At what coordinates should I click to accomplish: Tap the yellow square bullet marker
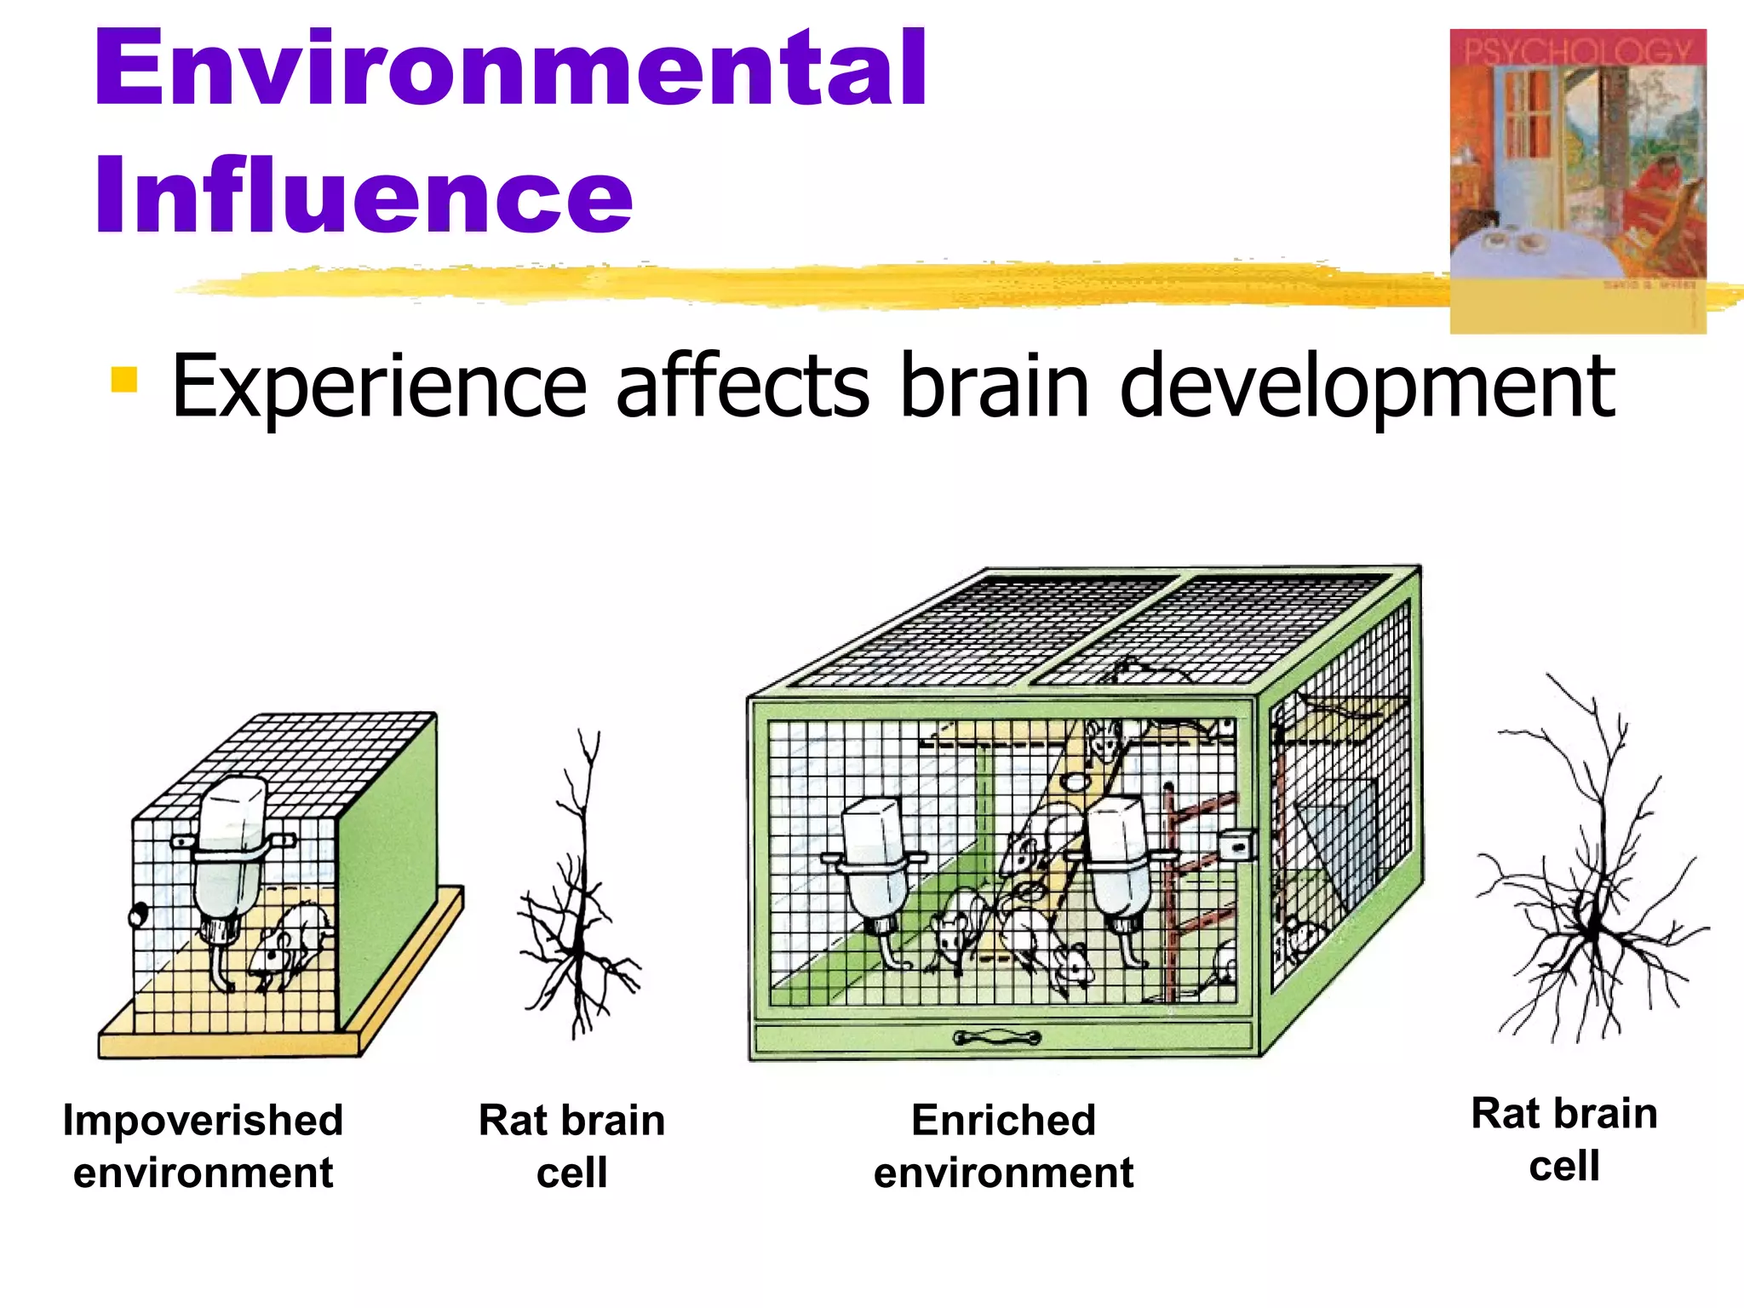pyautogui.click(x=124, y=380)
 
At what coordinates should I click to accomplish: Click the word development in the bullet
pyautogui.click(x=1366, y=387)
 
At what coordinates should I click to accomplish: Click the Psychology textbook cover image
pyautogui.click(x=1577, y=181)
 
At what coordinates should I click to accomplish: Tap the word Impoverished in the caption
pyautogui.click(x=203, y=1120)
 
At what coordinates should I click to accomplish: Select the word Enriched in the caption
pyautogui.click(x=1003, y=1120)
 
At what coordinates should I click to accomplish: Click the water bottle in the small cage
pyautogui.click(x=228, y=852)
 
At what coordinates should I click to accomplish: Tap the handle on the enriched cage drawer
pyautogui.click(x=996, y=1037)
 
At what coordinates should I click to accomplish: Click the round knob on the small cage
pyautogui.click(x=137, y=915)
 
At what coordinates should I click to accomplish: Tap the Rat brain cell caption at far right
pyautogui.click(x=1564, y=1139)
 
